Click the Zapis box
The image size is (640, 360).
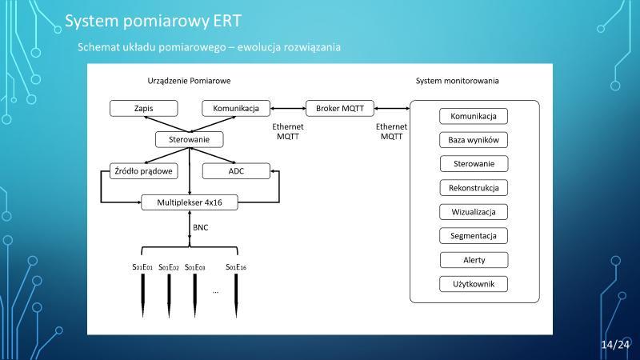tap(144, 108)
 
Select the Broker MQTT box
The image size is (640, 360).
tap(339, 108)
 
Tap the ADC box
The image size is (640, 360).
tap(236, 171)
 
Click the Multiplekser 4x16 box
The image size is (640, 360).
tap(190, 202)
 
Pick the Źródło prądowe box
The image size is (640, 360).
tap(144, 171)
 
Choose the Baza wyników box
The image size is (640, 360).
tap(474, 140)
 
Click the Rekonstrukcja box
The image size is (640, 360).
tap(474, 188)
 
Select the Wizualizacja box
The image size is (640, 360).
tap(474, 212)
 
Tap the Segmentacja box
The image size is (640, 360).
tap(474, 235)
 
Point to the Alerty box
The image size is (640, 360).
tap(474, 260)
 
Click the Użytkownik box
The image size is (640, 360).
tap(474, 284)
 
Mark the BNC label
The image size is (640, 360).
tap(201, 227)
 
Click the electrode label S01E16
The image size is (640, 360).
tap(236, 267)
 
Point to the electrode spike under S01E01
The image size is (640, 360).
tap(143, 295)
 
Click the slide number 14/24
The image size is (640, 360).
tap(615, 345)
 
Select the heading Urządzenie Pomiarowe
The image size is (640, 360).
tap(189, 81)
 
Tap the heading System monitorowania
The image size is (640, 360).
tap(457, 81)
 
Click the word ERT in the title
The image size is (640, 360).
tap(227, 21)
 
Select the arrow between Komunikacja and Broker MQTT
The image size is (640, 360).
tap(288, 109)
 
